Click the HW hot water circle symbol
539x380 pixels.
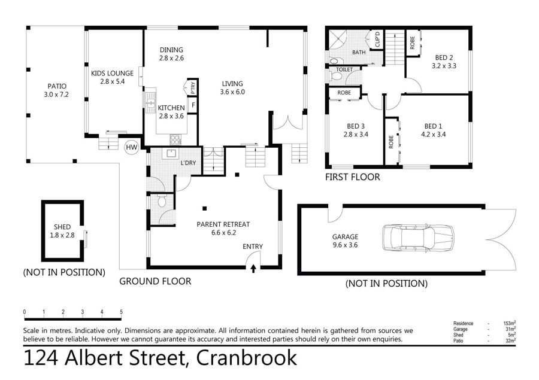click(x=131, y=147)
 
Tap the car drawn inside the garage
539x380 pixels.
click(x=418, y=238)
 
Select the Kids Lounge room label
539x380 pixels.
click(x=112, y=73)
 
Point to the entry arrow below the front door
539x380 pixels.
click(x=253, y=268)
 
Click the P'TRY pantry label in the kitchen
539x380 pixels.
click(x=193, y=87)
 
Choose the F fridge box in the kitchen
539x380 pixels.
click(x=193, y=105)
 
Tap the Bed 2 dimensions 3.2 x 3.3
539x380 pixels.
click(x=444, y=66)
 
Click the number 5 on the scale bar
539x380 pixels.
click(x=122, y=312)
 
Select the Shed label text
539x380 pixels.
click(x=62, y=227)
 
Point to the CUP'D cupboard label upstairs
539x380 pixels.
click(x=377, y=39)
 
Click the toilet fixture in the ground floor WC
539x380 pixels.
click(x=162, y=201)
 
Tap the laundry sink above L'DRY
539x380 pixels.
click(x=171, y=153)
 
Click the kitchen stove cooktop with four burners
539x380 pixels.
click(x=175, y=139)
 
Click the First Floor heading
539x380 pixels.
click(x=353, y=177)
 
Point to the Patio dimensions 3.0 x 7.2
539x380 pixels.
click(x=56, y=95)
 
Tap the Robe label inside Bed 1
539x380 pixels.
click(x=391, y=142)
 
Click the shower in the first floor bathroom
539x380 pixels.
click(x=338, y=41)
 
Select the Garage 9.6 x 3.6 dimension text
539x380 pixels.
click(x=345, y=245)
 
